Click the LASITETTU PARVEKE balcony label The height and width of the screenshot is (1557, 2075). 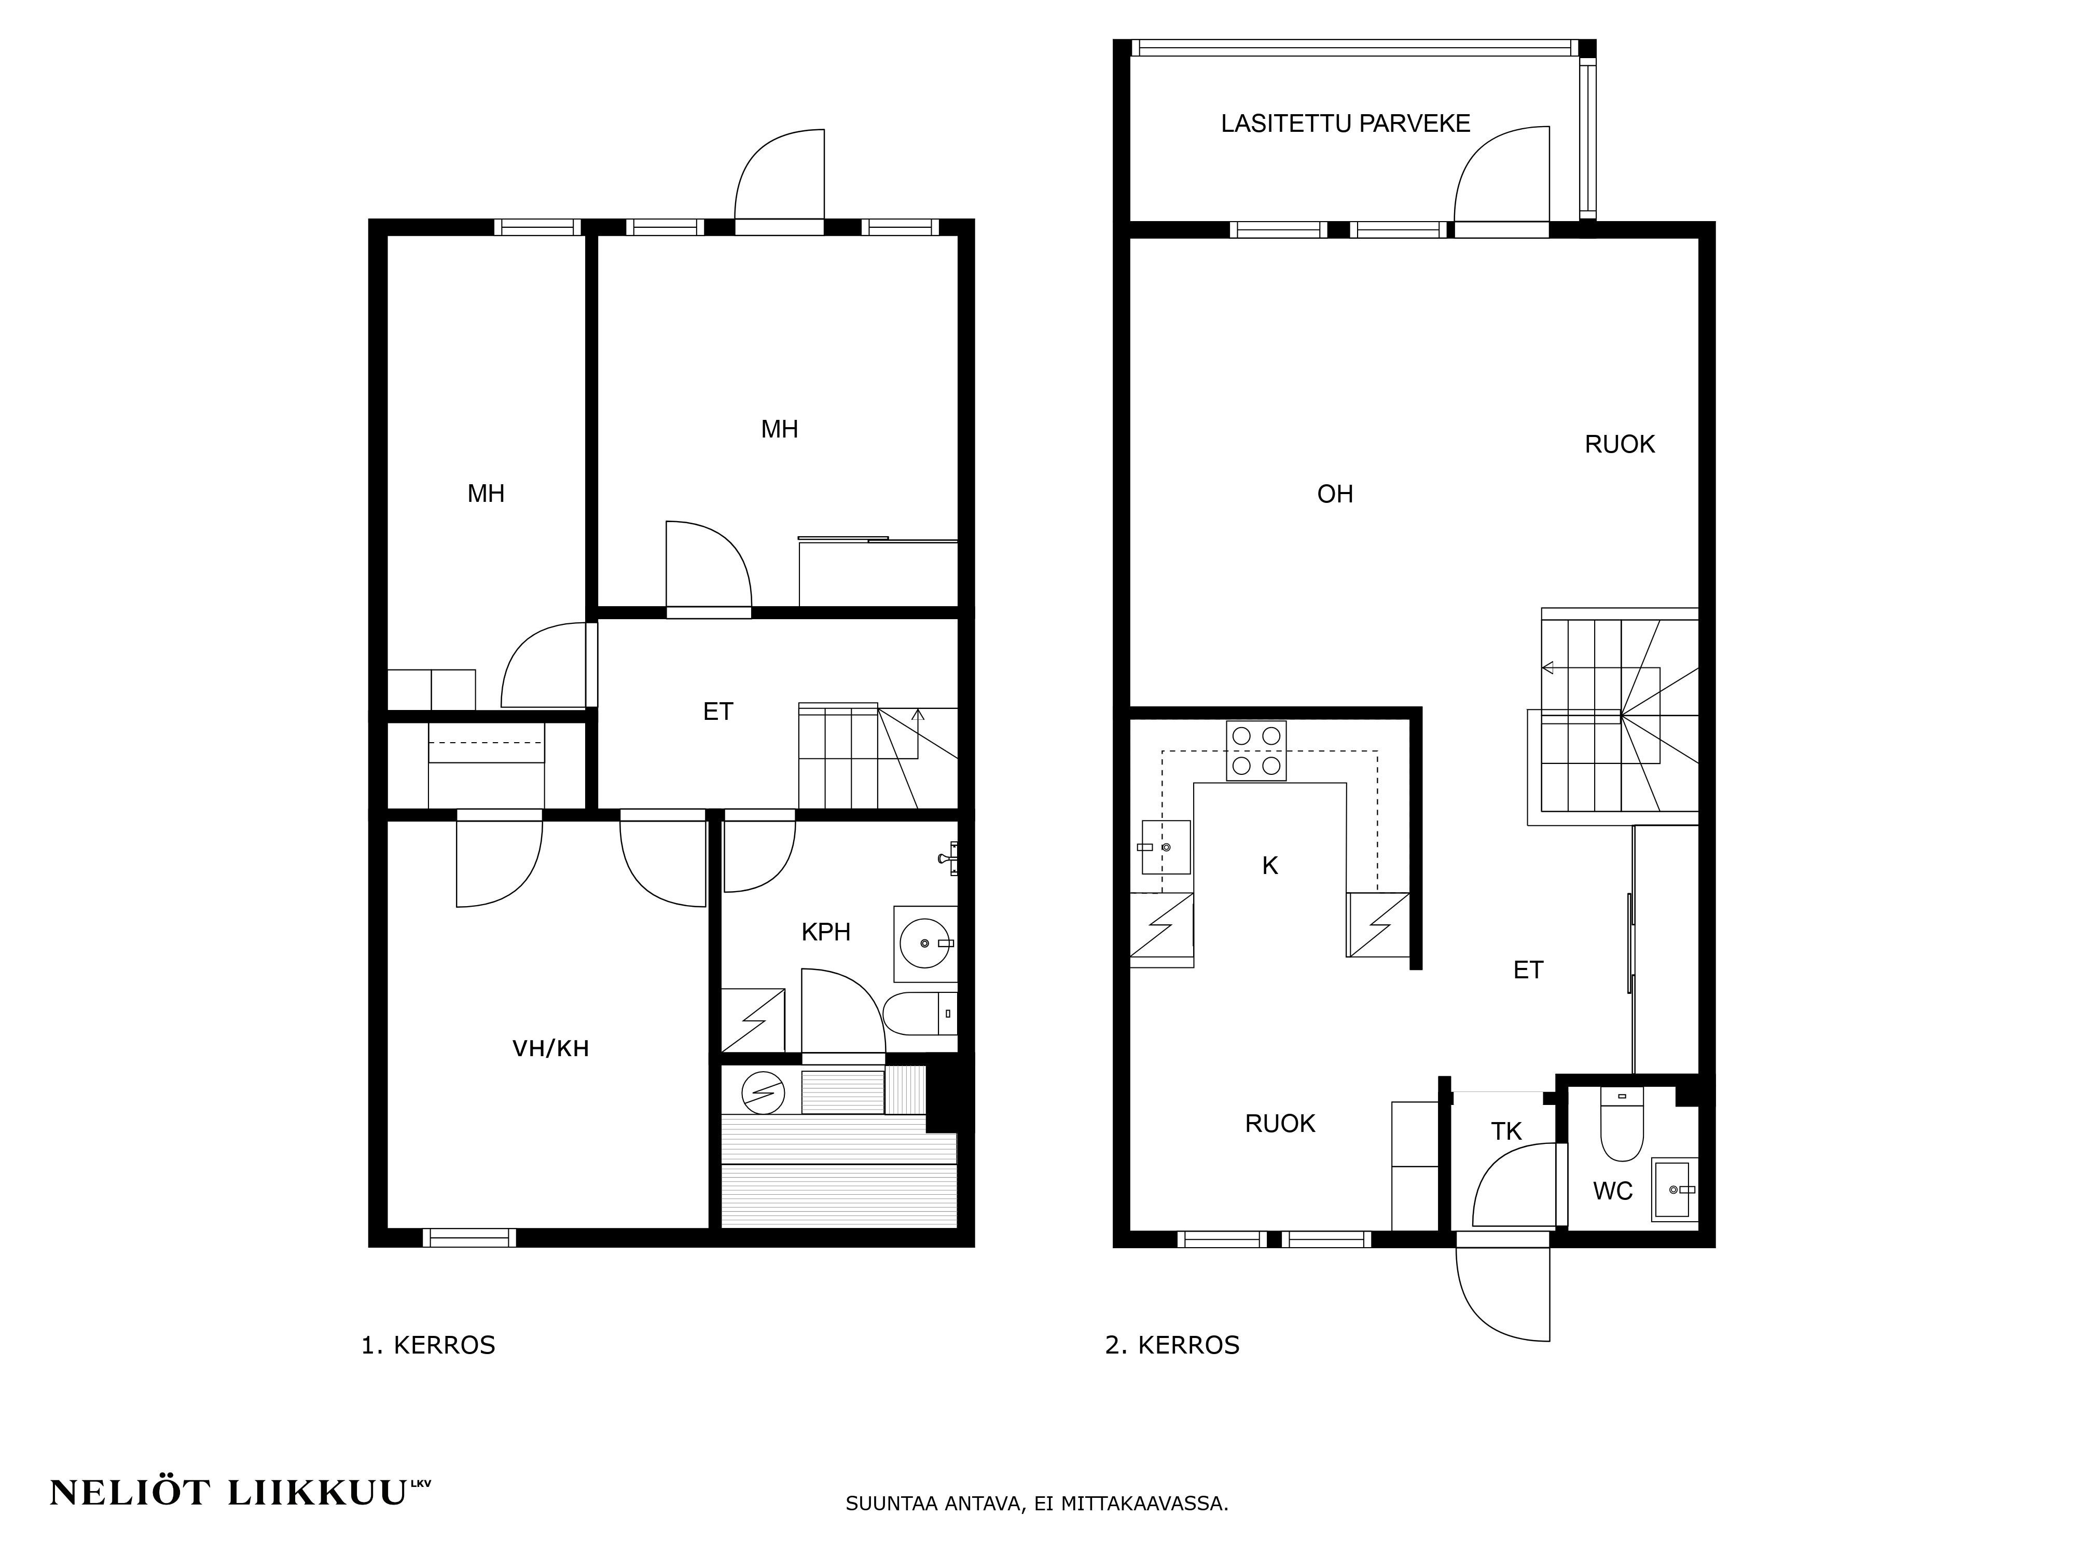pyautogui.click(x=1345, y=124)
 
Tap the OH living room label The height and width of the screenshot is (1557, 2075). pyautogui.click(x=1335, y=495)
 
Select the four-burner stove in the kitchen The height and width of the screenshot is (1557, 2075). pyautogui.click(x=1256, y=751)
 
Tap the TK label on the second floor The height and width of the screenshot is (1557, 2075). pyautogui.click(x=1506, y=1132)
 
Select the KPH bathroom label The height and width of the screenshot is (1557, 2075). pyautogui.click(x=825, y=932)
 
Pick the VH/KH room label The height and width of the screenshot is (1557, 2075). pyautogui.click(x=550, y=1048)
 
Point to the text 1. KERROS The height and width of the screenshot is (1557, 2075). pyautogui.click(x=428, y=1345)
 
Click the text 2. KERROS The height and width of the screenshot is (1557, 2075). pyautogui.click(x=1172, y=1345)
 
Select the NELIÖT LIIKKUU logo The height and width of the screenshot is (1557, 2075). pyautogui.click(x=240, y=1492)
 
